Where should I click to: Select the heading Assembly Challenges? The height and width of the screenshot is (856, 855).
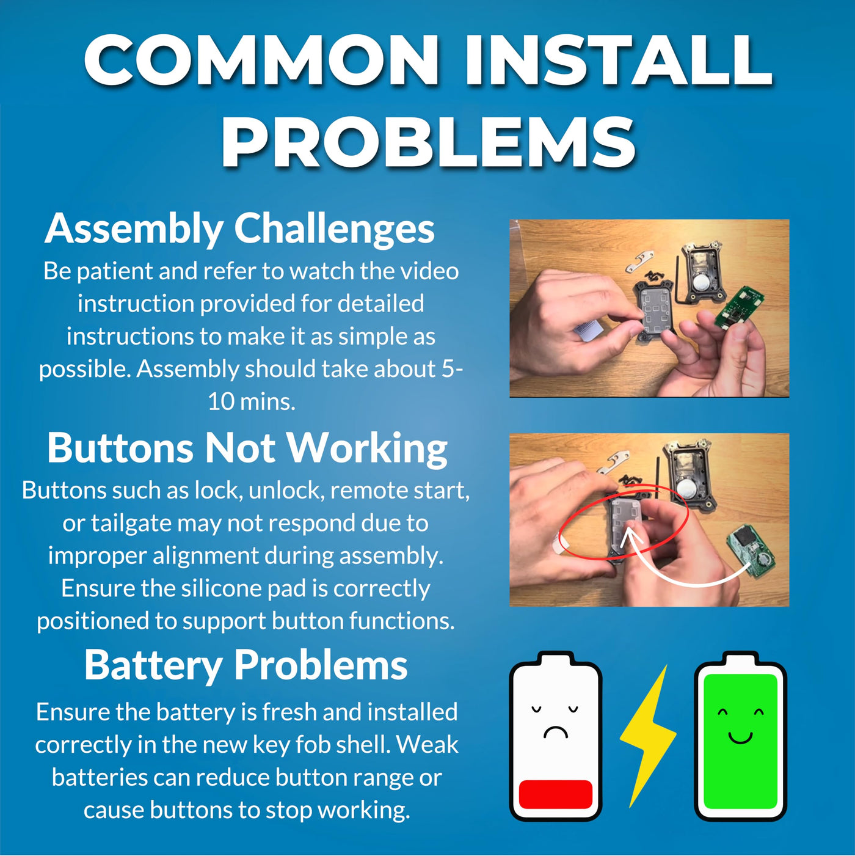coord(240,229)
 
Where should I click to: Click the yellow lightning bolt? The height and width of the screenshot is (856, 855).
coord(648,736)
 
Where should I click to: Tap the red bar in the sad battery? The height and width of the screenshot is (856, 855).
coord(556,794)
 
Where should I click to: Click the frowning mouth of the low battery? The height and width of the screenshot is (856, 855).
coord(555,732)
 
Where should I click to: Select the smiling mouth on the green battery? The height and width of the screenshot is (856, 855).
coord(740,737)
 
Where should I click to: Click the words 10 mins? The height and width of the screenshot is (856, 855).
coord(252,402)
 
